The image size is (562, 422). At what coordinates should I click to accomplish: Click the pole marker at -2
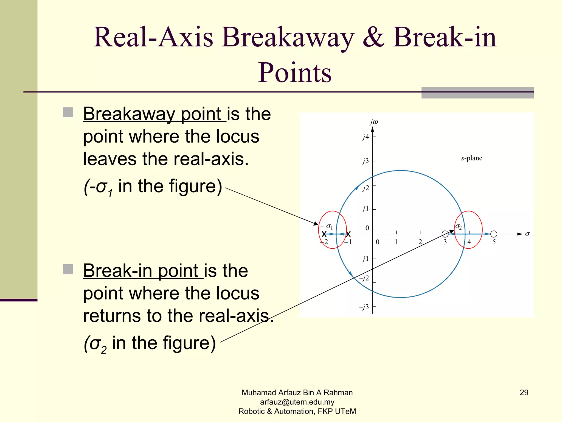(324, 234)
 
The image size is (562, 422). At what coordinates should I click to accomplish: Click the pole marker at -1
(348, 234)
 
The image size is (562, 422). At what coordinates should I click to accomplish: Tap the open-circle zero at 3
(445, 234)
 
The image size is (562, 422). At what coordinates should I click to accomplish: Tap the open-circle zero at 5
(494, 234)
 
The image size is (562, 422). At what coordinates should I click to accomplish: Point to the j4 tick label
(366, 137)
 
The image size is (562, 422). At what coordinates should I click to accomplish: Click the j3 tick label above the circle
(366, 161)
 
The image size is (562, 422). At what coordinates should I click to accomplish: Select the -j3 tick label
(364, 307)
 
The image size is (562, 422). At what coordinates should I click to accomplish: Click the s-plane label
(471, 158)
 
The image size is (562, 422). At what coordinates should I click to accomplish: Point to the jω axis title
(374, 122)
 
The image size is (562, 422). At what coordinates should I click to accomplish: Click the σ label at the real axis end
(527, 234)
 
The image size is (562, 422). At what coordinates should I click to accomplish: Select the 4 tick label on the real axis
(469, 242)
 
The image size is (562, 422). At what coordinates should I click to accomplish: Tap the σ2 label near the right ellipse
(459, 227)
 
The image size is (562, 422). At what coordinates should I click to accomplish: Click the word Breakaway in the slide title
(288, 38)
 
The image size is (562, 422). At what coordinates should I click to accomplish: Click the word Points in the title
(295, 73)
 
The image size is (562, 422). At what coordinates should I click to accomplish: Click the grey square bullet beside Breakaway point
(68, 112)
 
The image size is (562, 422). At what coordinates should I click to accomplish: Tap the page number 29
(524, 393)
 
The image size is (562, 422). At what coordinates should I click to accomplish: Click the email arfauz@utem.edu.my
(297, 402)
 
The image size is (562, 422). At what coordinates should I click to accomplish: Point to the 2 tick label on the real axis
(420, 242)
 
